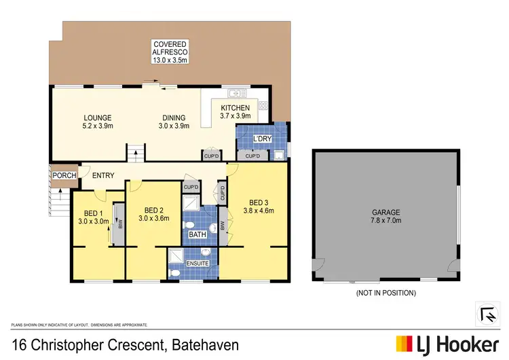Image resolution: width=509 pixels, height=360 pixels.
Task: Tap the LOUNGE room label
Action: pyautogui.click(x=98, y=118)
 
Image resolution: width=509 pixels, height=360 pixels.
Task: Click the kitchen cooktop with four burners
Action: pyautogui.click(x=262, y=105)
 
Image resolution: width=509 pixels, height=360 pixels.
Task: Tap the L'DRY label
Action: pyautogui.click(x=262, y=139)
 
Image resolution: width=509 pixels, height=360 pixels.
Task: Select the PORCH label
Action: pyautogui.click(x=64, y=176)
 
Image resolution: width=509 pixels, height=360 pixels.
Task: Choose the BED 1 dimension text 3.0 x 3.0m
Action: pyautogui.click(x=92, y=221)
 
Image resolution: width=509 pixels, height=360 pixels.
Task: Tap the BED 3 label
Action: pyautogui.click(x=258, y=202)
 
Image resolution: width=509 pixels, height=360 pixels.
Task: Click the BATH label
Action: pyautogui.click(x=197, y=234)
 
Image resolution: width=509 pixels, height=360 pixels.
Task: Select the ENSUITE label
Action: pyautogui.click(x=199, y=263)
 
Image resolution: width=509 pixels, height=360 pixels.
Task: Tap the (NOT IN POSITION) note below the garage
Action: pyautogui.click(x=386, y=293)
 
